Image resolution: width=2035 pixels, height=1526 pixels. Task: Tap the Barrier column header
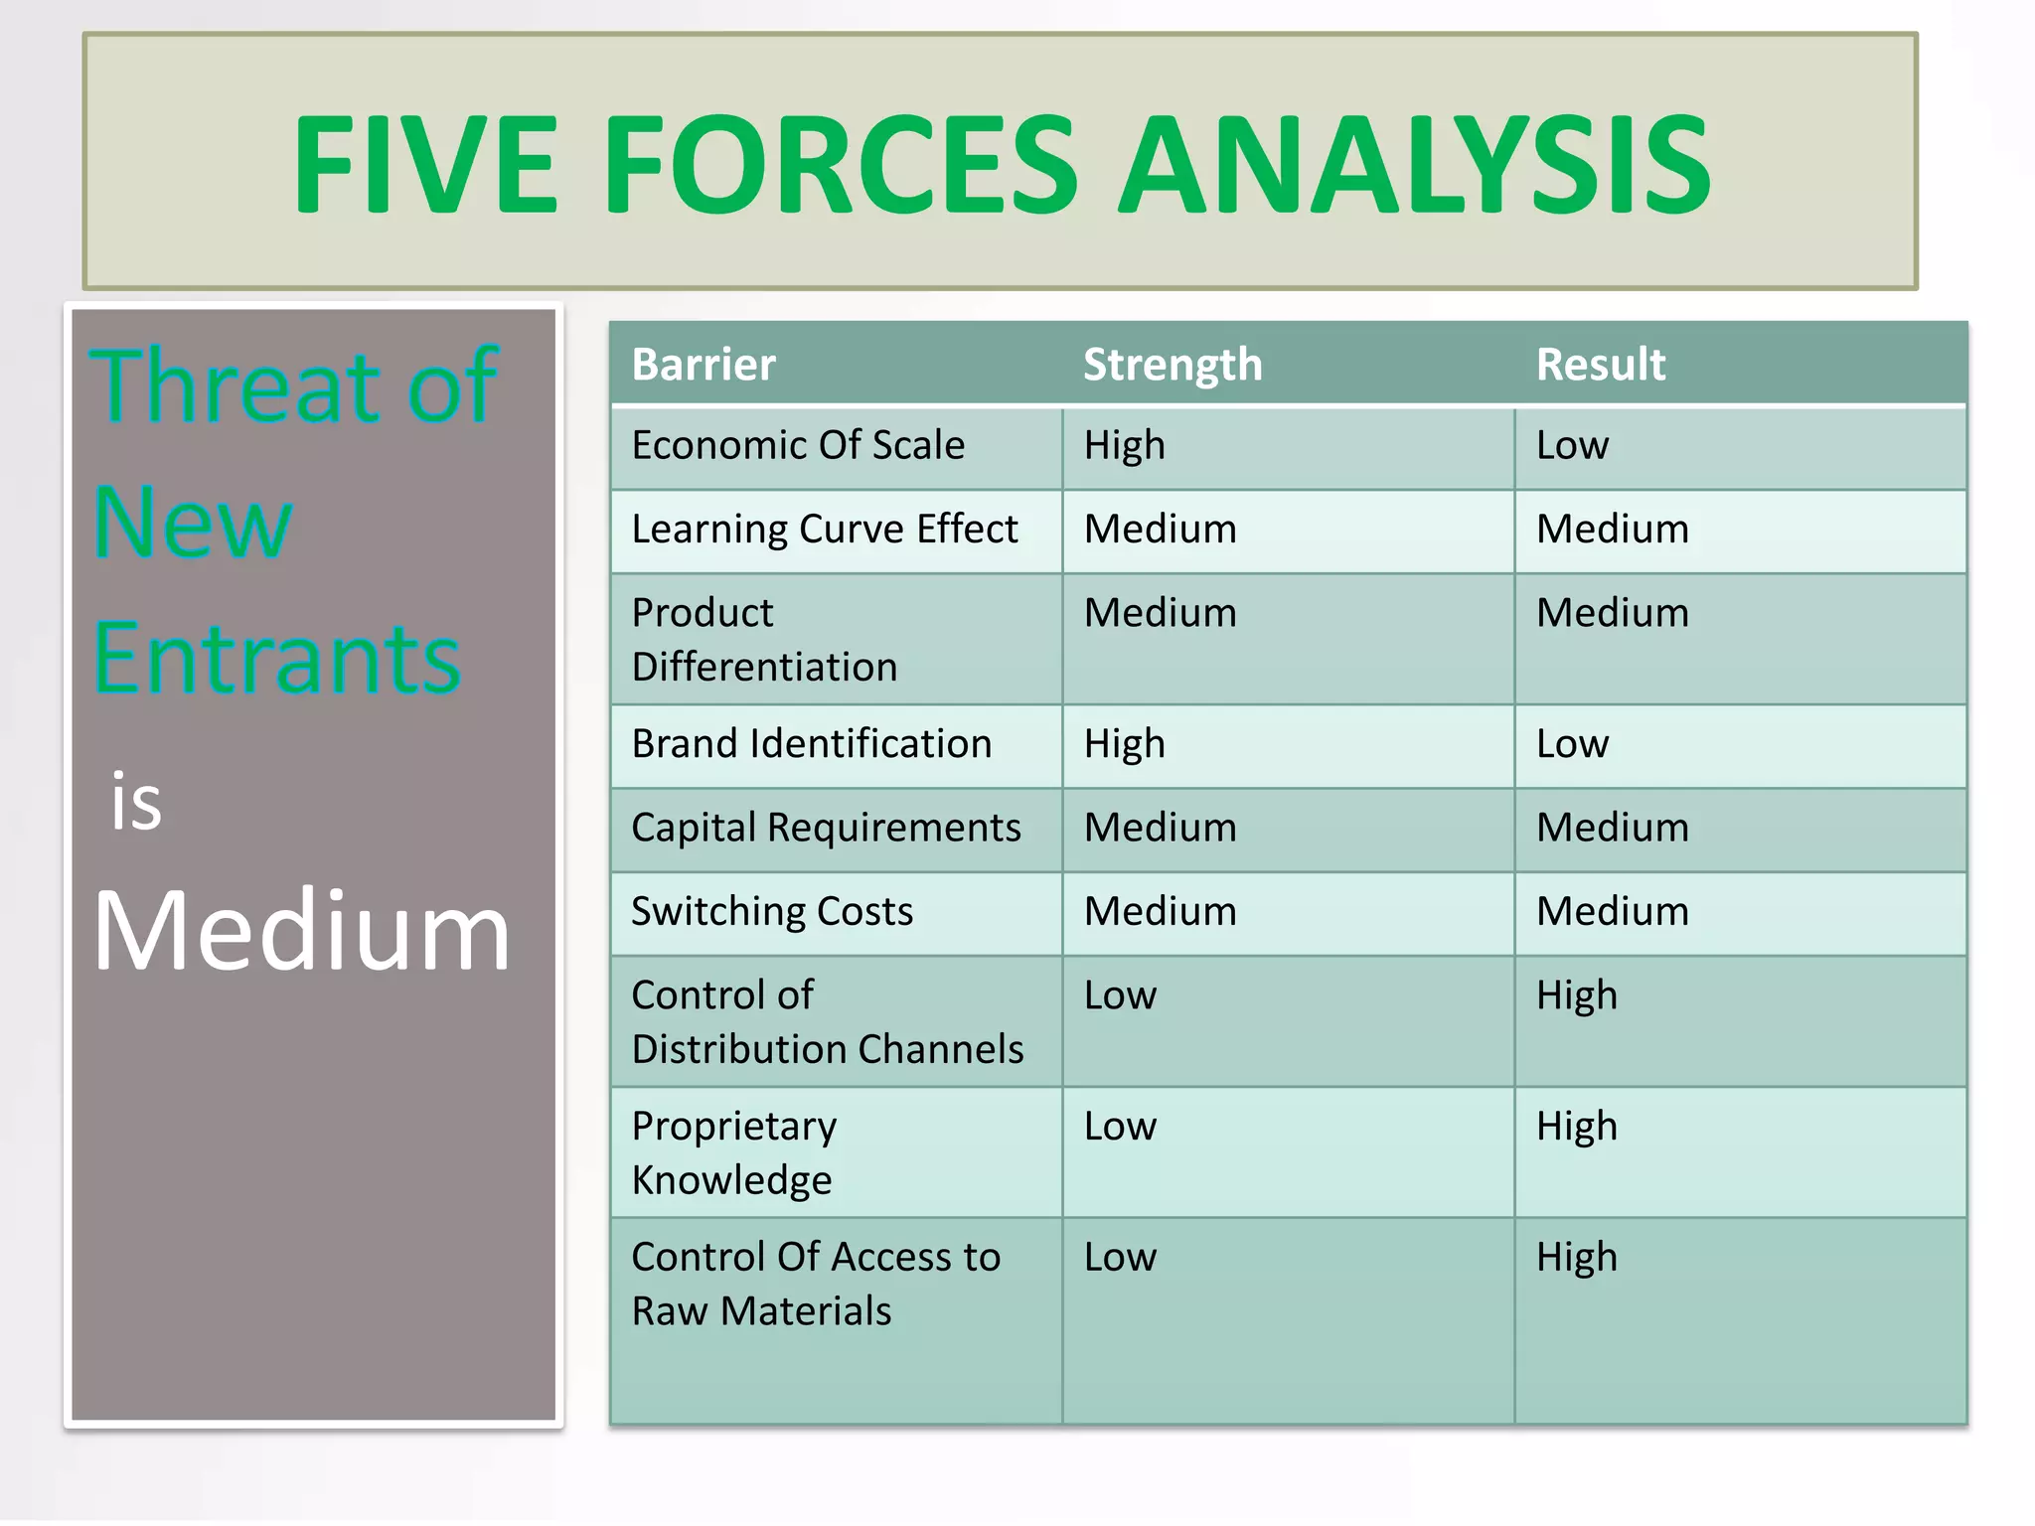click(704, 365)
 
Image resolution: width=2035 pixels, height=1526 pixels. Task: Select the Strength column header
click(1173, 365)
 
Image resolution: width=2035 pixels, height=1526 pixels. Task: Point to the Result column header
click(1600, 365)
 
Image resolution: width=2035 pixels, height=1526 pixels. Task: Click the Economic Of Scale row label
click(798, 445)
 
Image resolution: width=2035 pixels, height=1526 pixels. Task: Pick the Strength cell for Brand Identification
click(1124, 744)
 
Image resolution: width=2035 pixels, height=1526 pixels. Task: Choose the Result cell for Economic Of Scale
click(1572, 445)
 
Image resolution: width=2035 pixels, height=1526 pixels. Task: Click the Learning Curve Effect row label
click(825, 529)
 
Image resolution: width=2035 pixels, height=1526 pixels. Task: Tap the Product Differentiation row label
click(764, 639)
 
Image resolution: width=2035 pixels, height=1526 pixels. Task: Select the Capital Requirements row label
click(826, 828)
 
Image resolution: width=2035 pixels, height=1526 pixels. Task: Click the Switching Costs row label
click(772, 911)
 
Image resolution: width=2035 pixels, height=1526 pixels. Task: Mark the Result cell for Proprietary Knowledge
click(1576, 1127)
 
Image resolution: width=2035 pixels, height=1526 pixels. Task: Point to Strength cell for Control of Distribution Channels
click(1120, 995)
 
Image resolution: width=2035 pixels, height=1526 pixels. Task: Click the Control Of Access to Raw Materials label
click(815, 1284)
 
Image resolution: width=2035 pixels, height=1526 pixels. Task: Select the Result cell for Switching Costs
click(1612, 911)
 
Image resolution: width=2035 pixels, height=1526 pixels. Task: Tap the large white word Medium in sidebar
click(301, 931)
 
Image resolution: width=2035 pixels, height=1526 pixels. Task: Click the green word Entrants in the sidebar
click(277, 658)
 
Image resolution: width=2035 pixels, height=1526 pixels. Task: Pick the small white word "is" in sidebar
click(136, 801)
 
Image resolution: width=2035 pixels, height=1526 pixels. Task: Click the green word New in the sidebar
click(193, 523)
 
